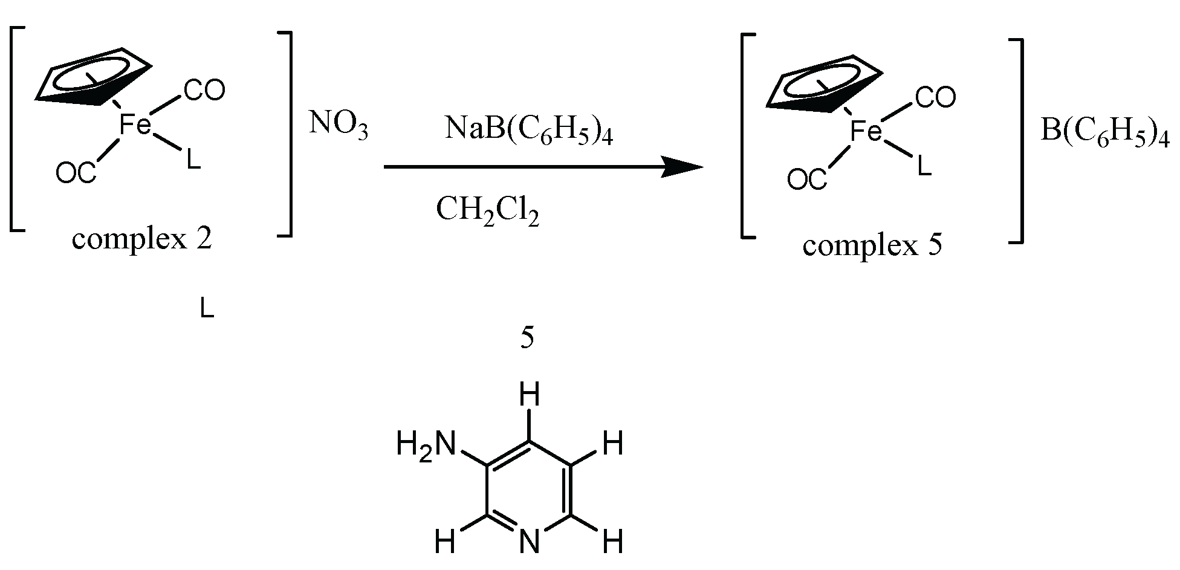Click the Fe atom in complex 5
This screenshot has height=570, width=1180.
[866, 132]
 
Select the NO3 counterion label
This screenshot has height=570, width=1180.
[338, 125]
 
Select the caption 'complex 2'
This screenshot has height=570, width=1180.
[142, 239]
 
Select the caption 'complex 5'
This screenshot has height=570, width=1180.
[872, 245]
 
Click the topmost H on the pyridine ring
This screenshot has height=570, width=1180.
[529, 397]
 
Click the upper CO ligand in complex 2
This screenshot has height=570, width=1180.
[204, 91]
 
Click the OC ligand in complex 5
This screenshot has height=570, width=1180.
[806, 180]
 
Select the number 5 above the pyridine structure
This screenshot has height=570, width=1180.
[527, 339]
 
